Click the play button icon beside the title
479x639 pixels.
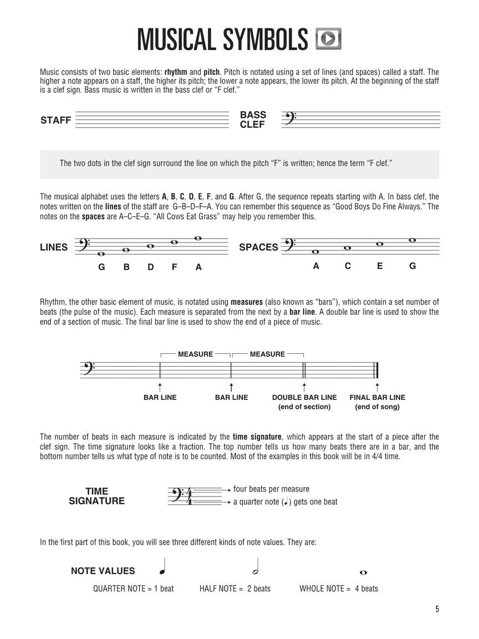click(328, 39)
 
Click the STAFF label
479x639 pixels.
click(55, 120)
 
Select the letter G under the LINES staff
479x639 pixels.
click(101, 267)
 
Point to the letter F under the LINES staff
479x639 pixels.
click(174, 267)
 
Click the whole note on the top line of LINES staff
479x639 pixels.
click(198, 239)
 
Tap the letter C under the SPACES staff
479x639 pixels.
click(348, 266)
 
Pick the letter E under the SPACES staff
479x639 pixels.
click(380, 266)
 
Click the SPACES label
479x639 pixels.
click(258, 247)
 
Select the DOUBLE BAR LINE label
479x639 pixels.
click(304, 397)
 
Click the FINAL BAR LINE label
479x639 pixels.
click(377, 397)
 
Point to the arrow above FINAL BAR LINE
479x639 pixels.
click(377, 386)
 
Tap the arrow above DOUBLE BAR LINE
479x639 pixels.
click(304, 386)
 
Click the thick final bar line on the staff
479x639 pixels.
click(377, 369)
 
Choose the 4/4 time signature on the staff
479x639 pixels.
click(189, 496)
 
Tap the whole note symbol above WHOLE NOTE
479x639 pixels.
click(364, 572)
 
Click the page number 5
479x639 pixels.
click(437, 610)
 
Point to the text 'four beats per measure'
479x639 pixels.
click(271, 489)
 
